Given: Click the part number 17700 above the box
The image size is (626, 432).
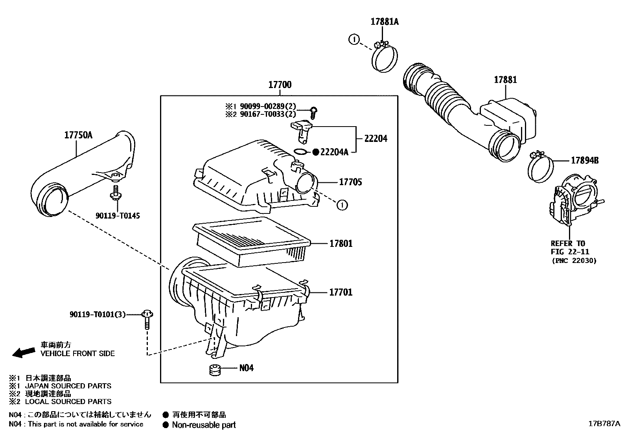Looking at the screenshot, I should (x=280, y=85).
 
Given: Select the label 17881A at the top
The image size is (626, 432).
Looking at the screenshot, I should (x=384, y=22).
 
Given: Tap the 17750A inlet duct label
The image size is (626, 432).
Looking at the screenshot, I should (x=78, y=135).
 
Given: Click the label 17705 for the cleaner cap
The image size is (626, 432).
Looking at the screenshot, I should (x=350, y=182).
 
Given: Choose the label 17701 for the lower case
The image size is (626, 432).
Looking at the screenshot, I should (x=341, y=292).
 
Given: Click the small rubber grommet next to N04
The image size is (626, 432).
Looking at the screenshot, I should (x=214, y=370).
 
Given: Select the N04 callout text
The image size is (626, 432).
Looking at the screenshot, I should (x=247, y=368).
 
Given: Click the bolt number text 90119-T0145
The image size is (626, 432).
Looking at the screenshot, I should (x=118, y=215).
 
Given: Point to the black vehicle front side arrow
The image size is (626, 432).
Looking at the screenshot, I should (x=24, y=352).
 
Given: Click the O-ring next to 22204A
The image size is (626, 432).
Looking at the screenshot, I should (x=301, y=152).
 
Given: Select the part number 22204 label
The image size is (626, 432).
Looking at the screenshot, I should (x=376, y=138).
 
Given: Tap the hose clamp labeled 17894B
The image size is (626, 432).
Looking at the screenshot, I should (x=540, y=168).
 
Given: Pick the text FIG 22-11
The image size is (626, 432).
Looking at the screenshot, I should (x=570, y=252).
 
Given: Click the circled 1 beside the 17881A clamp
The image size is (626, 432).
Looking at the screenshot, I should (x=354, y=39).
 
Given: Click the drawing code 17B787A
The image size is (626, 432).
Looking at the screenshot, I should (x=604, y=423).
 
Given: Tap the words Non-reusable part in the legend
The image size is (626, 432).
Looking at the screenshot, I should (x=204, y=425).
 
